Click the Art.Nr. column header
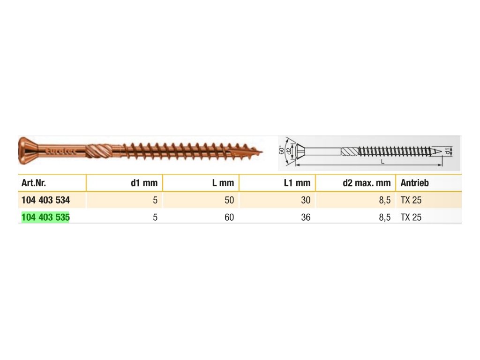point(33,183)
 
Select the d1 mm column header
point(144,183)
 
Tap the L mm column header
point(223,183)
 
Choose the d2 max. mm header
point(367,183)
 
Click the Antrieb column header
point(414,183)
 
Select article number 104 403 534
point(45,200)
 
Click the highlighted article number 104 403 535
point(45,217)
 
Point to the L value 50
point(229,200)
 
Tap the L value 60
point(229,217)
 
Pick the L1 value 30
point(306,200)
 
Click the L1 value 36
point(306,217)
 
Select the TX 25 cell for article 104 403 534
point(411,200)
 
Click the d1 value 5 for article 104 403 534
point(155,200)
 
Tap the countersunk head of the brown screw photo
point(27,150)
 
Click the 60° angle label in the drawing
point(282,150)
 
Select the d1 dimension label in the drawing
point(448,151)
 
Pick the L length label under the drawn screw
point(382,161)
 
